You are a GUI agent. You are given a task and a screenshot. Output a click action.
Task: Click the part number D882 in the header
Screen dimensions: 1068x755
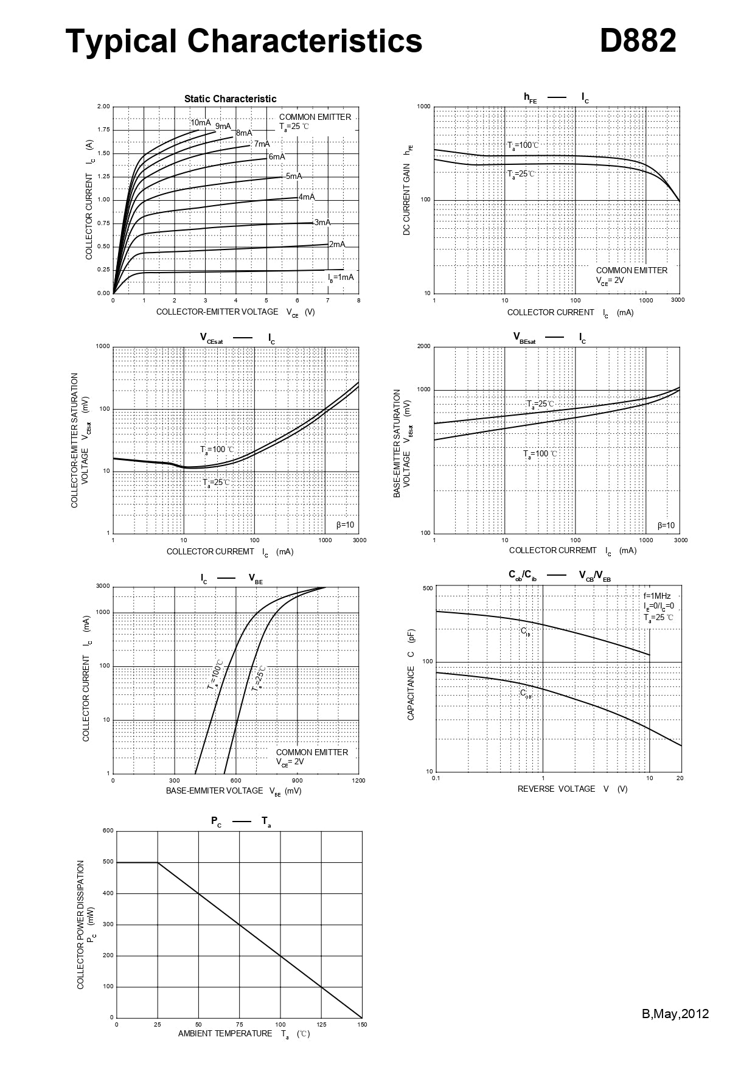638,41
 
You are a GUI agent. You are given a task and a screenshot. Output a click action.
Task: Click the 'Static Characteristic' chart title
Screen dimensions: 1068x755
230,99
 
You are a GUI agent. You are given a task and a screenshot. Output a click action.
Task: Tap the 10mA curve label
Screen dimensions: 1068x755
201,122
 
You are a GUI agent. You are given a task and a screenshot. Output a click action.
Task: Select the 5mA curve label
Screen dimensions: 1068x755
294,176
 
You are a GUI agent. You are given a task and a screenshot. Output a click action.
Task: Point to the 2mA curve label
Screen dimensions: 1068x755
337,244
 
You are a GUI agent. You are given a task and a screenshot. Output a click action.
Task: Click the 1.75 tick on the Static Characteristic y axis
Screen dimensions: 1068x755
103,130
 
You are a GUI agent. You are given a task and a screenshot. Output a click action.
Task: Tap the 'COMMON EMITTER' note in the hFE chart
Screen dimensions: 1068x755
631,270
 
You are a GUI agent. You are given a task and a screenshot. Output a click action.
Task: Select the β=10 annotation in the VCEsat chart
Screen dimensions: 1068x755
345,525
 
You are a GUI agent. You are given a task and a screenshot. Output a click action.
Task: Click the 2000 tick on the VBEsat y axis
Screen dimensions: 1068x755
423,346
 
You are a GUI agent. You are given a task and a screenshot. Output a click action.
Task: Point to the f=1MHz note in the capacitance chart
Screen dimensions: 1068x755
657,596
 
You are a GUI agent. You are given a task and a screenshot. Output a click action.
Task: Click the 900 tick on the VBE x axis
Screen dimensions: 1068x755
297,780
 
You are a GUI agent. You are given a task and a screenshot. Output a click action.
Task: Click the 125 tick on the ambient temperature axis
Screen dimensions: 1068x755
321,1024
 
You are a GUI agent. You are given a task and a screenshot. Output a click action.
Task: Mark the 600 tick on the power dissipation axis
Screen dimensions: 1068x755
108,831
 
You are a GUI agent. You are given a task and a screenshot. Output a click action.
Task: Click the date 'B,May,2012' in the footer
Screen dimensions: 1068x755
675,1014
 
